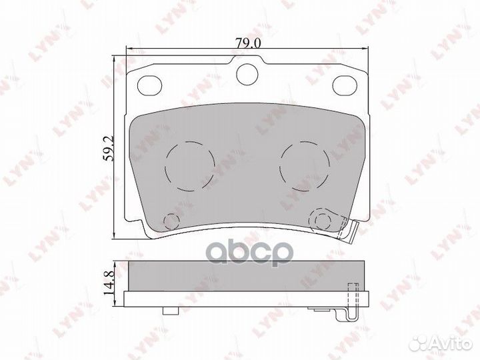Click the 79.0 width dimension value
click(248, 43)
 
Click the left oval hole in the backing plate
click(150, 85)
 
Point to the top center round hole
click(247, 74)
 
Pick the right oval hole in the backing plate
click(345, 85)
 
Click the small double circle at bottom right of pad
click(321, 220)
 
